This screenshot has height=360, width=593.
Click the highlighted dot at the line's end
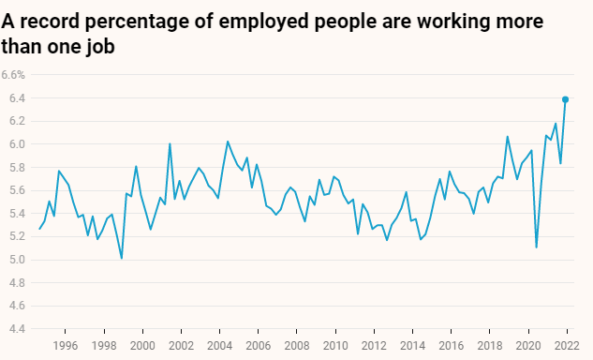tap(566, 99)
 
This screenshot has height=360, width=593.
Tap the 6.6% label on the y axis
tap(13, 75)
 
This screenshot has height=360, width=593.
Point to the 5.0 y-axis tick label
tap(17, 260)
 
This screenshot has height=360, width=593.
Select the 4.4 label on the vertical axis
tap(17, 329)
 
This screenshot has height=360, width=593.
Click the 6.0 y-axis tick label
tap(17, 144)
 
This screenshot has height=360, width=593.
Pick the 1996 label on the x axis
tap(65, 346)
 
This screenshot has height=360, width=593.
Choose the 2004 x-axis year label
tap(219, 346)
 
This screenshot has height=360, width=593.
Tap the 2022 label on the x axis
tap(567, 346)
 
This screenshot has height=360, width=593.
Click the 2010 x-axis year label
tap(335, 346)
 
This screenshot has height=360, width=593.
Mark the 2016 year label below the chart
tap(451, 346)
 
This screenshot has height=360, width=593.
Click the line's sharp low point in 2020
tap(536, 247)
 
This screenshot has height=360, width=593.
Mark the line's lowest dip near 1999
tap(122, 258)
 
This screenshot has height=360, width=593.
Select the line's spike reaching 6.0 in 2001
tap(170, 143)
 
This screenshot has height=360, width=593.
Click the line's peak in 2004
tap(228, 142)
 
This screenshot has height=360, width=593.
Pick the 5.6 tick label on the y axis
tap(17, 190)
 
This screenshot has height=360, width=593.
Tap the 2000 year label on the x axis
tap(142, 346)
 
